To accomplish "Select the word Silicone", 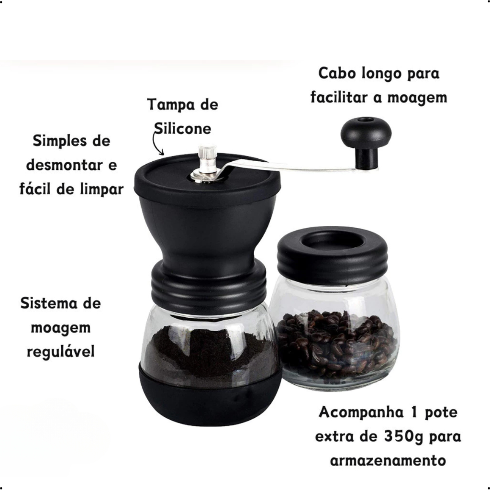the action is (x=183, y=128).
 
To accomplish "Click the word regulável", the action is (x=61, y=352).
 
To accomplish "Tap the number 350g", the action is (x=403, y=437).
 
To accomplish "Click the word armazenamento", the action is (x=388, y=461).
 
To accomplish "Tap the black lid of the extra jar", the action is (x=333, y=255).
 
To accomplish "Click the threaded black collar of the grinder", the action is (x=209, y=286).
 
